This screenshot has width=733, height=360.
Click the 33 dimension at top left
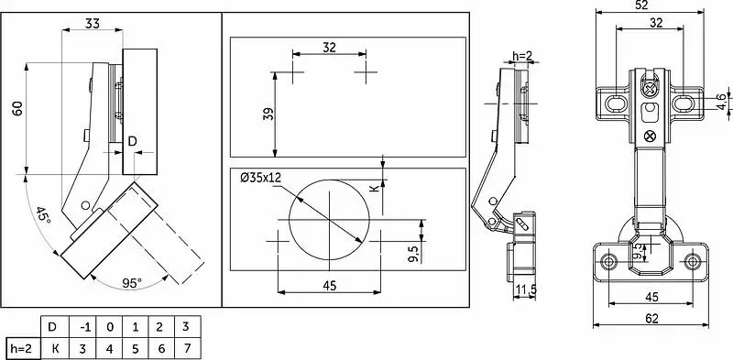(93, 23)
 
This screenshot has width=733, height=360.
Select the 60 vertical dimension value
(17, 109)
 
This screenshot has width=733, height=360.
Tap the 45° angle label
(42, 214)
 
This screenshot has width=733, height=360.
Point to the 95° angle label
(132, 283)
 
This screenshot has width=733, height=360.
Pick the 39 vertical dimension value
(268, 115)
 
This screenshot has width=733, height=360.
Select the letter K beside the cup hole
(373, 189)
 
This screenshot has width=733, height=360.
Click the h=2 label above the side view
(522, 56)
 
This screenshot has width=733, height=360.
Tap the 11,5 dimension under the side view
(525, 290)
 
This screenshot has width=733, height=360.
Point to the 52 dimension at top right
(650, 5)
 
